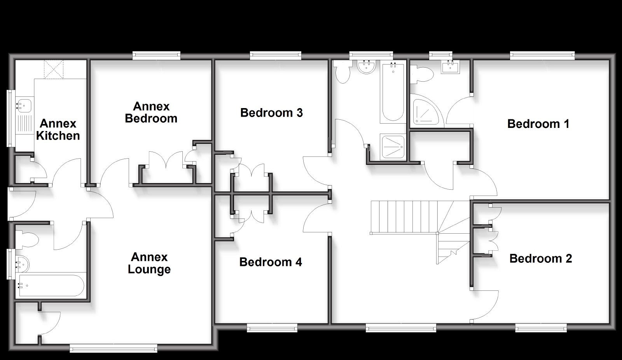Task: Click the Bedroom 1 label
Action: [538, 124]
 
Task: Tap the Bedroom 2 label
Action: [541, 259]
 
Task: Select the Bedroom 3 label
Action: [271, 113]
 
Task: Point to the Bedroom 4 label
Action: [271, 262]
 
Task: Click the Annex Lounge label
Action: [149, 263]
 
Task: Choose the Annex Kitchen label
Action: [58, 129]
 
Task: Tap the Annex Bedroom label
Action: [151, 112]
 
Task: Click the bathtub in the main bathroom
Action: [393, 93]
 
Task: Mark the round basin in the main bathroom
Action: [366, 67]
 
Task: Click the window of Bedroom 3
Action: [276, 56]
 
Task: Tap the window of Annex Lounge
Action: [113, 348]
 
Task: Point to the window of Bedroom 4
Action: [272, 328]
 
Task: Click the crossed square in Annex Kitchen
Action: [54, 70]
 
